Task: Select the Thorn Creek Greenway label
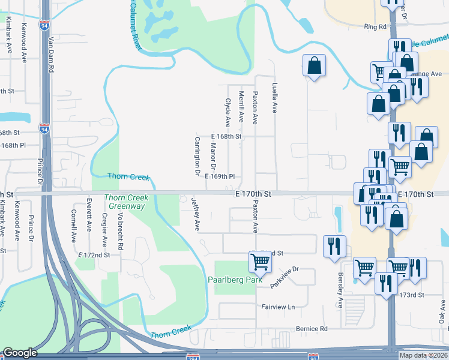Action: (124, 202)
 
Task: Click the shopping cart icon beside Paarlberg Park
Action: (259, 261)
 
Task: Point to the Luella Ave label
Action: (275, 98)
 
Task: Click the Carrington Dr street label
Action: (196, 156)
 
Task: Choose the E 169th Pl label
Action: (219, 177)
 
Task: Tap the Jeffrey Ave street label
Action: (194, 214)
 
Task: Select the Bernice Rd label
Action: (312, 329)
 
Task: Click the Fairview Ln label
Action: (279, 307)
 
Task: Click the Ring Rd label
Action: (375, 27)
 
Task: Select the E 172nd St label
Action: (95, 255)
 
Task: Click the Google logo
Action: (20, 353)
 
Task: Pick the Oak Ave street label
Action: (441, 314)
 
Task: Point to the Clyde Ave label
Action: (228, 113)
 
